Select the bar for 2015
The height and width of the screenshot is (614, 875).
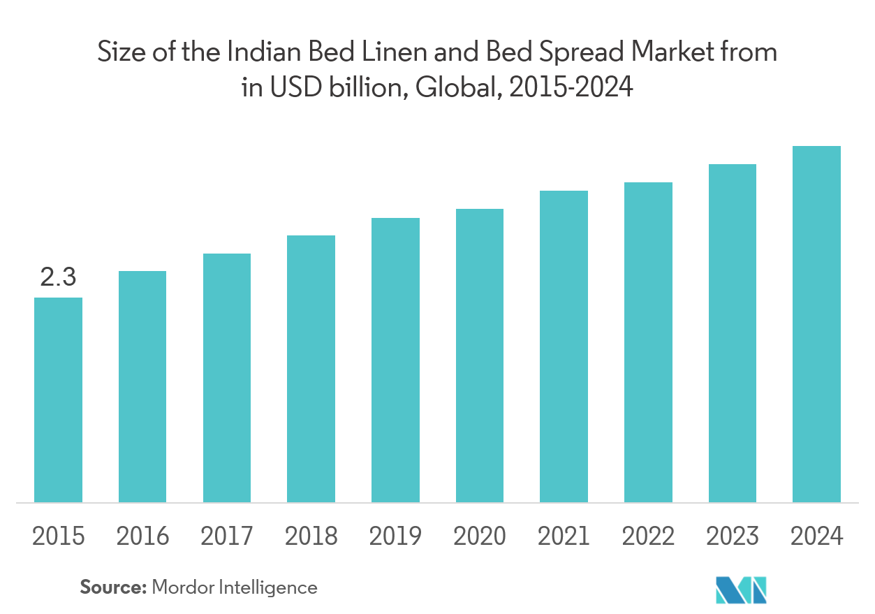click(x=59, y=400)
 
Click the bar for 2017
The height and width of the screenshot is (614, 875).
click(x=227, y=377)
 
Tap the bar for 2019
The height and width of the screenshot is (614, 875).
click(x=395, y=360)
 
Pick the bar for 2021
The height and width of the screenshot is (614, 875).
click(x=564, y=346)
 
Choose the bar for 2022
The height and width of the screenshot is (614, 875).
click(x=648, y=342)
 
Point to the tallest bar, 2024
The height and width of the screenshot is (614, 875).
click(x=816, y=324)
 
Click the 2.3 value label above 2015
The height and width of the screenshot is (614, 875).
click(x=58, y=278)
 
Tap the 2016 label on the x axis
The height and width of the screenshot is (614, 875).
click(x=142, y=536)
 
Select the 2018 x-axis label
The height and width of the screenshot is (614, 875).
click(x=311, y=536)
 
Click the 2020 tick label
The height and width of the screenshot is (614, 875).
click(x=479, y=536)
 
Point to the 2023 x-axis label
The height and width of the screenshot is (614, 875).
click(x=732, y=536)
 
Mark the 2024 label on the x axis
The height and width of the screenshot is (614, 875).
click(x=816, y=536)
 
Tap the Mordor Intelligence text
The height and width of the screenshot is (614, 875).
click(x=234, y=587)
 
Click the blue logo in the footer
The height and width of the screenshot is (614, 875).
click(x=741, y=590)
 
